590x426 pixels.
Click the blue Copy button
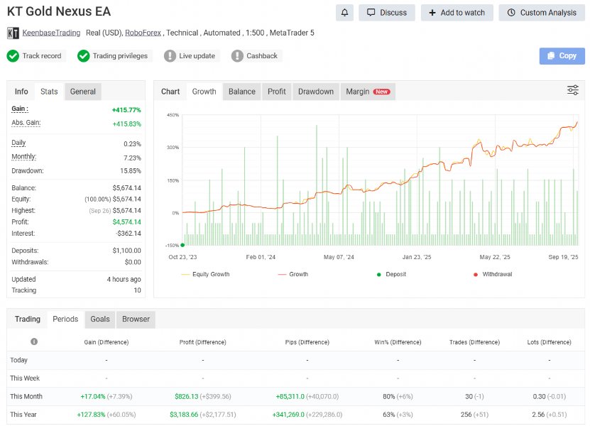tap(562, 56)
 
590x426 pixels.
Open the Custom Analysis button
tap(541, 13)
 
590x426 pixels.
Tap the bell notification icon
tap(345, 13)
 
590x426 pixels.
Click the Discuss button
tap(387, 13)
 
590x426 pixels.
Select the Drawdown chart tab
tap(315, 92)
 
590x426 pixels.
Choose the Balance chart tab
tap(241, 92)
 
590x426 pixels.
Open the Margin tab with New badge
tap(367, 92)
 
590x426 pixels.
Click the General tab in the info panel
tap(83, 92)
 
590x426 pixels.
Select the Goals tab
tap(99, 319)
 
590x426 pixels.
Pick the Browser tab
tap(136, 319)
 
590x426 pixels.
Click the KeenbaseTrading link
tap(51, 33)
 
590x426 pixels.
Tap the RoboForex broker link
tap(143, 33)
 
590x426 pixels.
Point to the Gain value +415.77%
tap(126, 110)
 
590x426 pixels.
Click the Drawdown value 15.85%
tap(131, 171)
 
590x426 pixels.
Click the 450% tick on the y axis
tap(173, 115)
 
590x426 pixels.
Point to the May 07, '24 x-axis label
tap(339, 258)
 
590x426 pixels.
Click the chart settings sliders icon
tap(572, 90)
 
